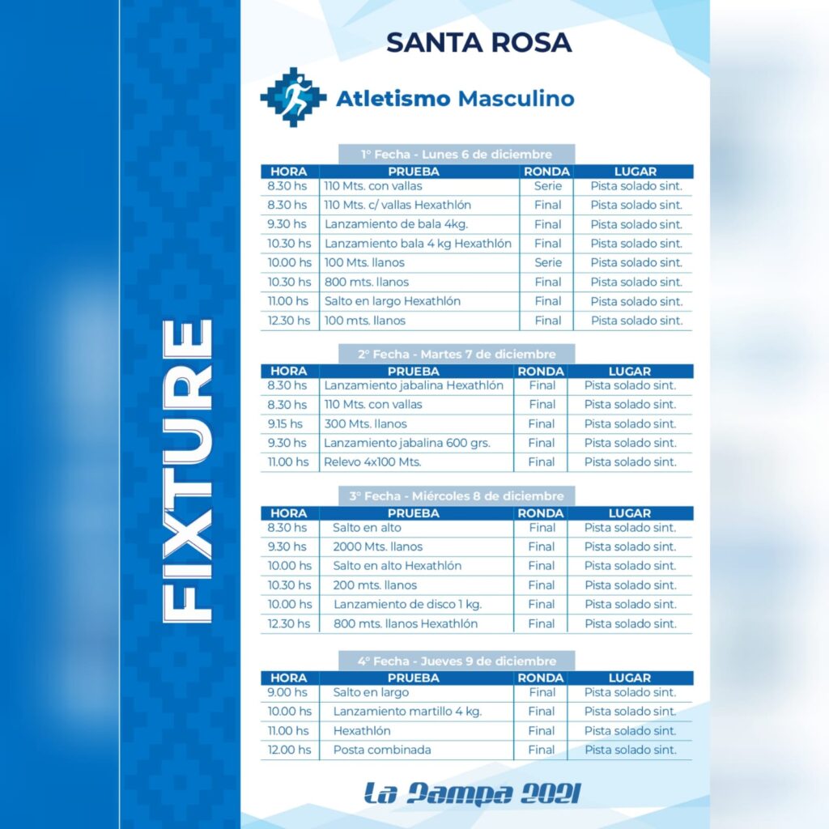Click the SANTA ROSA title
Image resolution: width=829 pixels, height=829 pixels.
(x=479, y=43)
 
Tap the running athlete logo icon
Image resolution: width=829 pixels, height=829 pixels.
(x=293, y=97)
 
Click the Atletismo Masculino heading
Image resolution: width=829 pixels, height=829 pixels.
(x=455, y=99)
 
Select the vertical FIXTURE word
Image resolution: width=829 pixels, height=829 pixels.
(x=188, y=470)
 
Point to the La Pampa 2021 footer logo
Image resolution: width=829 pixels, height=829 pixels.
(x=472, y=793)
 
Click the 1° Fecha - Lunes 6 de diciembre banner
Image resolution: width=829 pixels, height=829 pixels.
(x=457, y=155)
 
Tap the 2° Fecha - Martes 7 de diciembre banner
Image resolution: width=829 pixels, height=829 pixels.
(x=457, y=355)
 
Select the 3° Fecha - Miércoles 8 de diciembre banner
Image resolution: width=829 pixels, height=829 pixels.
(x=457, y=496)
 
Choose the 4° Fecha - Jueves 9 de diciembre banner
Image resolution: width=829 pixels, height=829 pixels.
(x=457, y=661)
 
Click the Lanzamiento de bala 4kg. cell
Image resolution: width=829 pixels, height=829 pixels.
(x=396, y=224)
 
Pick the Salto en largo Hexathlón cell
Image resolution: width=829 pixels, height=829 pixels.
(x=393, y=301)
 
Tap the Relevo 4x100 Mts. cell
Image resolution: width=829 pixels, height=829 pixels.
(x=372, y=462)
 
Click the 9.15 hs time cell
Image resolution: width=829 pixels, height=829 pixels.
(x=285, y=424)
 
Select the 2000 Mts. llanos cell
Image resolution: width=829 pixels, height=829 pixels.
(x=378, y=546)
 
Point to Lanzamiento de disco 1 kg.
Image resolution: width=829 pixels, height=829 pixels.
(x=408, y=604)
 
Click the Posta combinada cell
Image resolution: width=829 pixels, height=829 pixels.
(x=382, y=750)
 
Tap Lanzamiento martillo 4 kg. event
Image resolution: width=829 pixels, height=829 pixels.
(x=408, y=712)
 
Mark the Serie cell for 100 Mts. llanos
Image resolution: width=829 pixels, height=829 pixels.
(x=548, y=263)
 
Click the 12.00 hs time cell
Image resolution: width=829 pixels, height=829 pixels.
(x=290, y=750)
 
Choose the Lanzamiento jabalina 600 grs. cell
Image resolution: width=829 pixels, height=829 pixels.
(x=407, y=443)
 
